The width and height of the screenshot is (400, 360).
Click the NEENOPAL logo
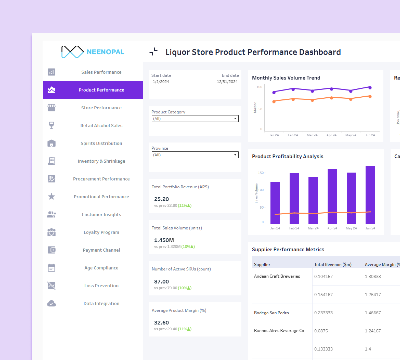pyautogui.click(x=93, y=52)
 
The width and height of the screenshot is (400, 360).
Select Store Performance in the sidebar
pyautogui.click(x=101, y=108)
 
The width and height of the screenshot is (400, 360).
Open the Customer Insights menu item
pyautogui.click(x=101, y=214)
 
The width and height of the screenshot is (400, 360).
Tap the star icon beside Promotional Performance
pyautogui.click(x=51, y=196)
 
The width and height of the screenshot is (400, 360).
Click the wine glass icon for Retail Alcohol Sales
pyautogui.click(x=51, y=125)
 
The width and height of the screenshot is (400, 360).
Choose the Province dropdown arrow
pyautogui.click(x=235, y=155)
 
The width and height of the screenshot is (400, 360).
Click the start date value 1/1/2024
pyautogui.click(x=161, y=82)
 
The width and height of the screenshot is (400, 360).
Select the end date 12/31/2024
pyautogui.click(x=227, y=82)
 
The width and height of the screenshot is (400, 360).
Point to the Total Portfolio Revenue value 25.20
pyautogui.click(x=161, y=199)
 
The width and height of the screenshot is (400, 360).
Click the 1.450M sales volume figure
pyautogui.click(x=164, y=240)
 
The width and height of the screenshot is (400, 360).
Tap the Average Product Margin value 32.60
pyautogui.click(x=161, y=323)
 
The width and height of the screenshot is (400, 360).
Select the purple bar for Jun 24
pyautogui.click(x=370, y=195)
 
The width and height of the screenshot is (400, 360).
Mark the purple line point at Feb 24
pyautogui.click(x=293, y=89)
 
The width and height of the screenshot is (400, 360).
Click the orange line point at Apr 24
pyautogui.click(x=331, y=98)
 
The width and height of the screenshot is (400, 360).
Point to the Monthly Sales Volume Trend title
pyautogui.click(x=286, y=78)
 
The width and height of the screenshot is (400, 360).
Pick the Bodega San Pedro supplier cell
pyautogui.click(x=271, y=313)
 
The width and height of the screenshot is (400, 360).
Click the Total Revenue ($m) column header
pyautogui.click(x=333, y=264)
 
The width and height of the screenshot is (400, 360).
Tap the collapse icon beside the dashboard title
pyautogui.click(x=153, y=52)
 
